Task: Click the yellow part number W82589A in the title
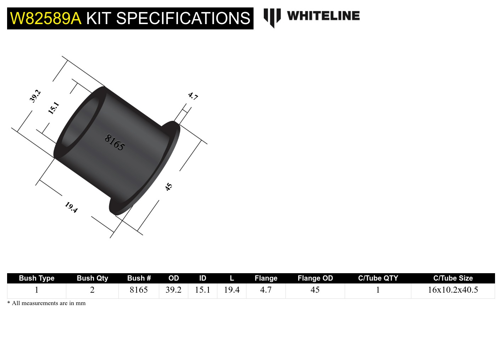click(x=46, y=18)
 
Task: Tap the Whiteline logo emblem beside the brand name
click(x=272, y=17)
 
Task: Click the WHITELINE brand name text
click(x=323, y=16)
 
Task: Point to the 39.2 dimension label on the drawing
click(x=35, y=96)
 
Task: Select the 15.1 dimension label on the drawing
click(x=54, y=108)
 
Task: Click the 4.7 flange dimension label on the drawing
click(x=193, y=96)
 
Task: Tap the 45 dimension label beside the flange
click(x=169, y=187)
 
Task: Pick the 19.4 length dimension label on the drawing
click(x=71, y=207)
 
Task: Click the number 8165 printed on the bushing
click(x=115, y=142)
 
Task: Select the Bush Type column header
click(x=37, y=278)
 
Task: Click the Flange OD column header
click(x=315, y=278)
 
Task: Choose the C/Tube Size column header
click(x=453, y=278)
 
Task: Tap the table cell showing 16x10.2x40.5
click(x=453, y=290)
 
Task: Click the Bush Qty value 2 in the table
click(x=92, y=290)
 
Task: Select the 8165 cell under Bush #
click(x=139, y=290)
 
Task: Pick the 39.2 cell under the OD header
click(x=173, y=290)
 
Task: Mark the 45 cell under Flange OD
click(x=315, y=290)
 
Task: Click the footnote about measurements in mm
click(x=46, y=303)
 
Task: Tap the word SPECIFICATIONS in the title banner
click(x=183, y=18)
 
